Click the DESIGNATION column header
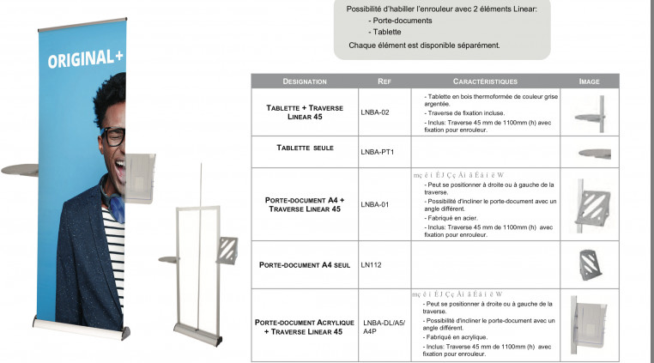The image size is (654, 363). click(x=304, y=82)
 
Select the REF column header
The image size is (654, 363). click(x=385, y=82)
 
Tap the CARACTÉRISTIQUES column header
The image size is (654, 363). click(x=484, y=82)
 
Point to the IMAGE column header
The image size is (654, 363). click(x=589, y=82)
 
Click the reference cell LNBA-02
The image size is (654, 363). click(x=375, y=112)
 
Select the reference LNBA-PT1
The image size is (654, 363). click(x=377, y=152)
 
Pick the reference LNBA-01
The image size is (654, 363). click(x=375, y=204)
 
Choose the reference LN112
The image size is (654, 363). click(x=371, y=264)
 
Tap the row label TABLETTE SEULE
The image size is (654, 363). click(x=304, y=148)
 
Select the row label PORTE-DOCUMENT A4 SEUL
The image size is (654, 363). click(x=304, y=264)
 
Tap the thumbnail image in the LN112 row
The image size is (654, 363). click(x=589, y=264)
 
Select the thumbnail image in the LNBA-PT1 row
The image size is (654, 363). click(x=593, y=153)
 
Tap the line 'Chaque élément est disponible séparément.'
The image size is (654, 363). click(x=424, y=45)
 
